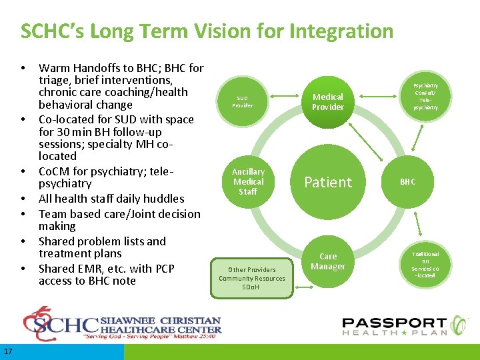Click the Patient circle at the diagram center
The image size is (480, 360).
[x=328, y=182]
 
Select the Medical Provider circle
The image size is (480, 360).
[x=328, y=102]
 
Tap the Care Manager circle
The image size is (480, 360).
[x=328, y=261]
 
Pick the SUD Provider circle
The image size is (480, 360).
[x=243, y=101]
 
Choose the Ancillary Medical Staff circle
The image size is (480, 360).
[x=248, y=181]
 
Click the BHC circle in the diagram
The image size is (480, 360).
[x=407, y=181]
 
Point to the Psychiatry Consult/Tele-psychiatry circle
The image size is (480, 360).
[x=425, y=97]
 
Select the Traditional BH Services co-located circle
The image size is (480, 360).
[x=425, y=265]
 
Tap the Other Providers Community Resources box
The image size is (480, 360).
[x=252, y=278]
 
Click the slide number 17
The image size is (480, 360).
[x=7, y=351]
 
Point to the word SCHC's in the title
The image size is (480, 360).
[x=48, y=31]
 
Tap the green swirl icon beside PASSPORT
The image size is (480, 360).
[x=459, y=325]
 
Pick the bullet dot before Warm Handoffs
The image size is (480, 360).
[x=23, y=68]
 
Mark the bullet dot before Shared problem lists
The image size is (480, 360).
[x=23, y=241]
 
